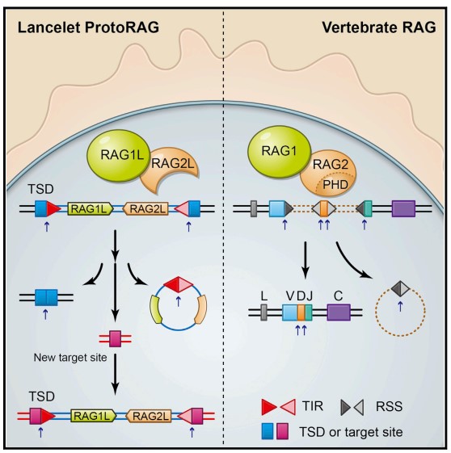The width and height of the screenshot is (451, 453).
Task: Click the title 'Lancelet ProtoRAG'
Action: [x=88, y=27]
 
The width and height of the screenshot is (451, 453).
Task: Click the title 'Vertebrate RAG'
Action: [x=379, y=27]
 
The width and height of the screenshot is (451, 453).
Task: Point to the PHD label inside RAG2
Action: [x=335, y=185]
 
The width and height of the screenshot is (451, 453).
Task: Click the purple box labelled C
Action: [x=339, y=312]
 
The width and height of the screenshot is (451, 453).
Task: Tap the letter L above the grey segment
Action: [x=264, y=296]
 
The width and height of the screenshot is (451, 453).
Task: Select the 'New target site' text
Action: [x=70, y=358]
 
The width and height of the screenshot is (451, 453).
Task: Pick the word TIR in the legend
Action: [x=313, y=406]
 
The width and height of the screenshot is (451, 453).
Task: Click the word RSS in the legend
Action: [x=389, y=406]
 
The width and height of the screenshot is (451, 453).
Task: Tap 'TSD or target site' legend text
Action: [x=351, y=432]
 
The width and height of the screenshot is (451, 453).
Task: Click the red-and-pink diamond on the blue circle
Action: [x=179, y=284]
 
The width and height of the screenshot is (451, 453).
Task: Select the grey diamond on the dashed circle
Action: [x=400, y=288]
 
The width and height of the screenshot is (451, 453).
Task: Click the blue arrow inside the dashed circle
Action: [x=400, y=306]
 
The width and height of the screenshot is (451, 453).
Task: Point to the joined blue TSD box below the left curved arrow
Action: [x=46, y=297]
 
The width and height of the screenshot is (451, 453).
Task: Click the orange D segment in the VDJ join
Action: [x=301, y=312]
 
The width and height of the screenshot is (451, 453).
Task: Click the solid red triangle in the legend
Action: [x=269, y=407]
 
